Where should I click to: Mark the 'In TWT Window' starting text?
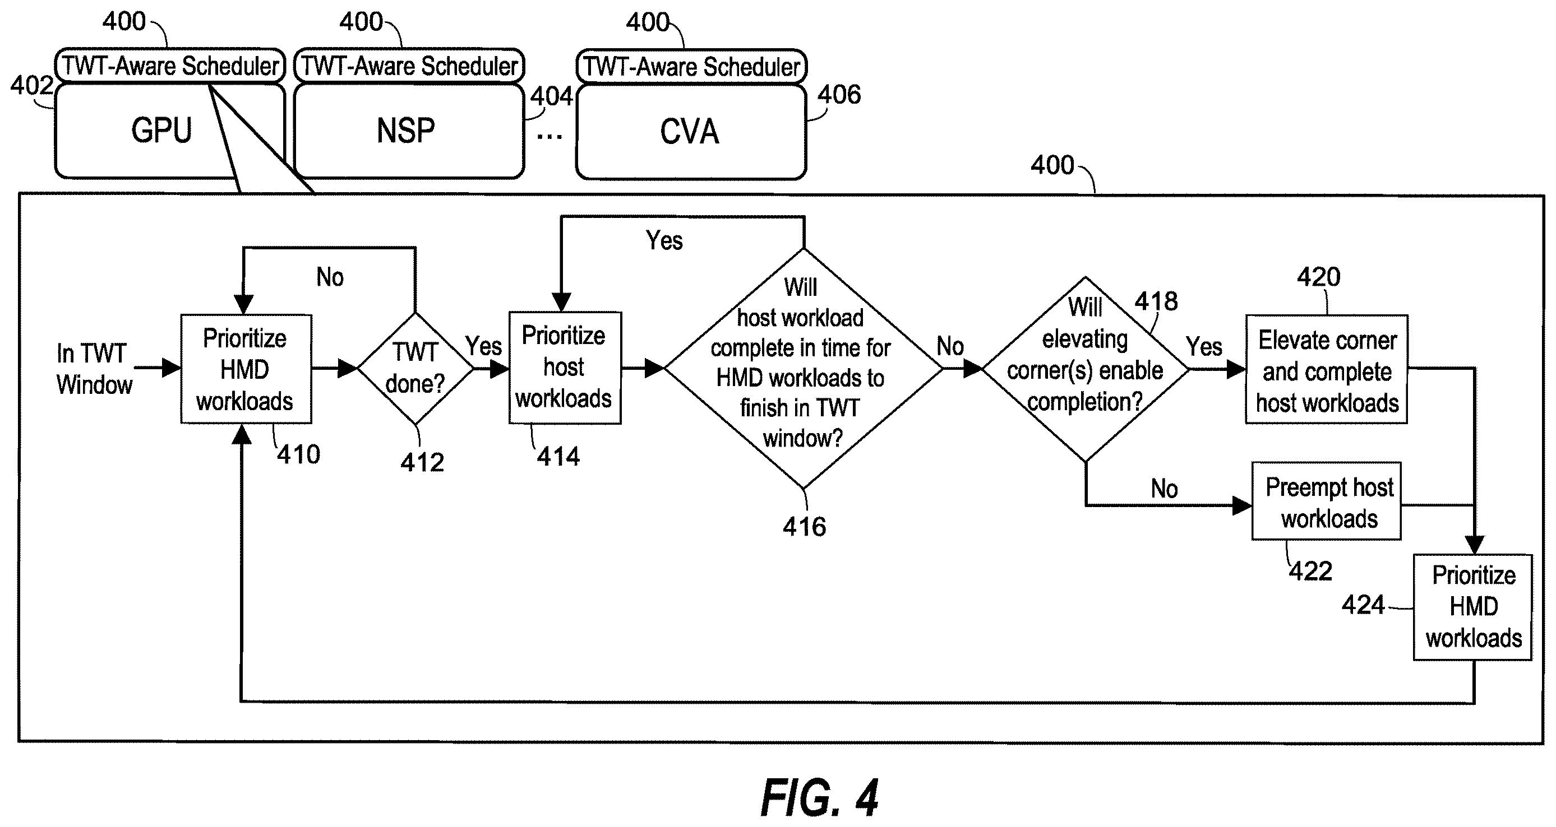coord(94,369)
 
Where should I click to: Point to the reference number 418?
coord(1156,301)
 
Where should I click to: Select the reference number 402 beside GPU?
coord(31,85)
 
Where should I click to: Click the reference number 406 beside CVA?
coord(839,95)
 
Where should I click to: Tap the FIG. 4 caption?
coord(819,797)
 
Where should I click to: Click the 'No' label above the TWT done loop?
coord(330,277)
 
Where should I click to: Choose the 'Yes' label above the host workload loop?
coord(664,240)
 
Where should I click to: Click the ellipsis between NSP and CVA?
coord(549,137)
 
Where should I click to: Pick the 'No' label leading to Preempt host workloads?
coord(1164,489)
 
